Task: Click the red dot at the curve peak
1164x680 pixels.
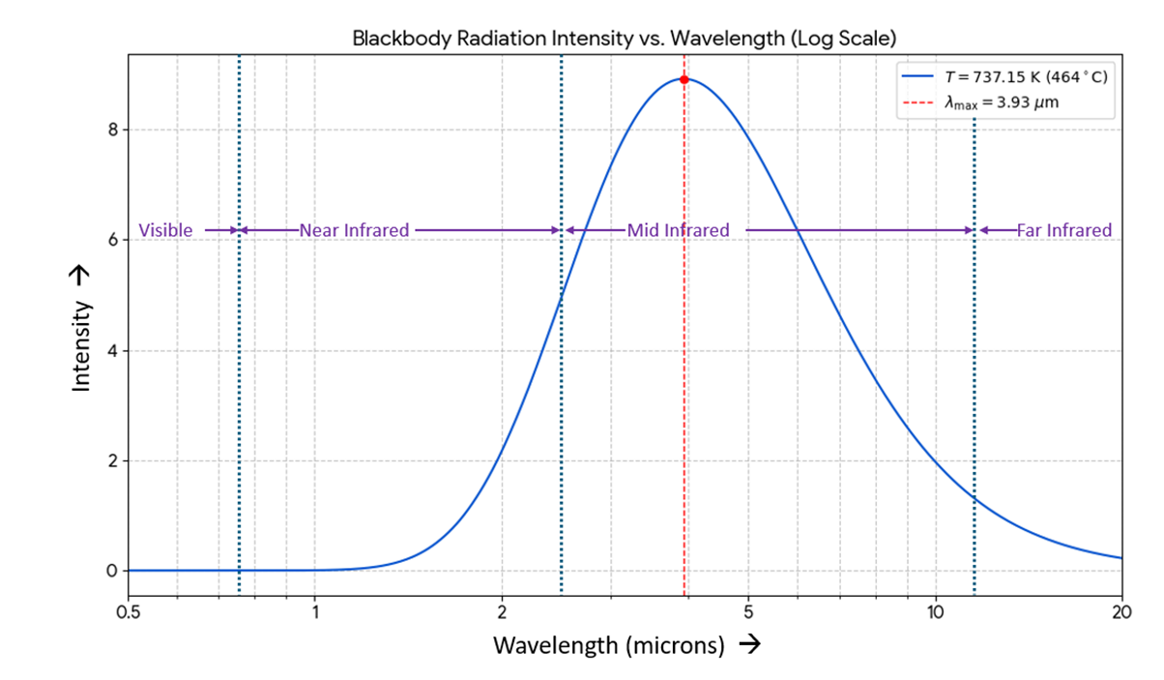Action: point(684,79)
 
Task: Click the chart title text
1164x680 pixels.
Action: point(625,40)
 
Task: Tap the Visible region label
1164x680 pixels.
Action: point(165,230)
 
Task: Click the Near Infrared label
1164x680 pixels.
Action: point(354,230)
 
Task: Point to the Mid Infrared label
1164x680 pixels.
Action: point(678,230)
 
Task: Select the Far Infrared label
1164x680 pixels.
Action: point(1063,230)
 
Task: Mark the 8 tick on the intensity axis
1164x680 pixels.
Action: point(112,130)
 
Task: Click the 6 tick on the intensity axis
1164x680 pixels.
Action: point(112,240)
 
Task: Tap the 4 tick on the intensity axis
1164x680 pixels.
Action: point(112,350)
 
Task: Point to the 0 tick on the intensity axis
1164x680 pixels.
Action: point(112,571)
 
